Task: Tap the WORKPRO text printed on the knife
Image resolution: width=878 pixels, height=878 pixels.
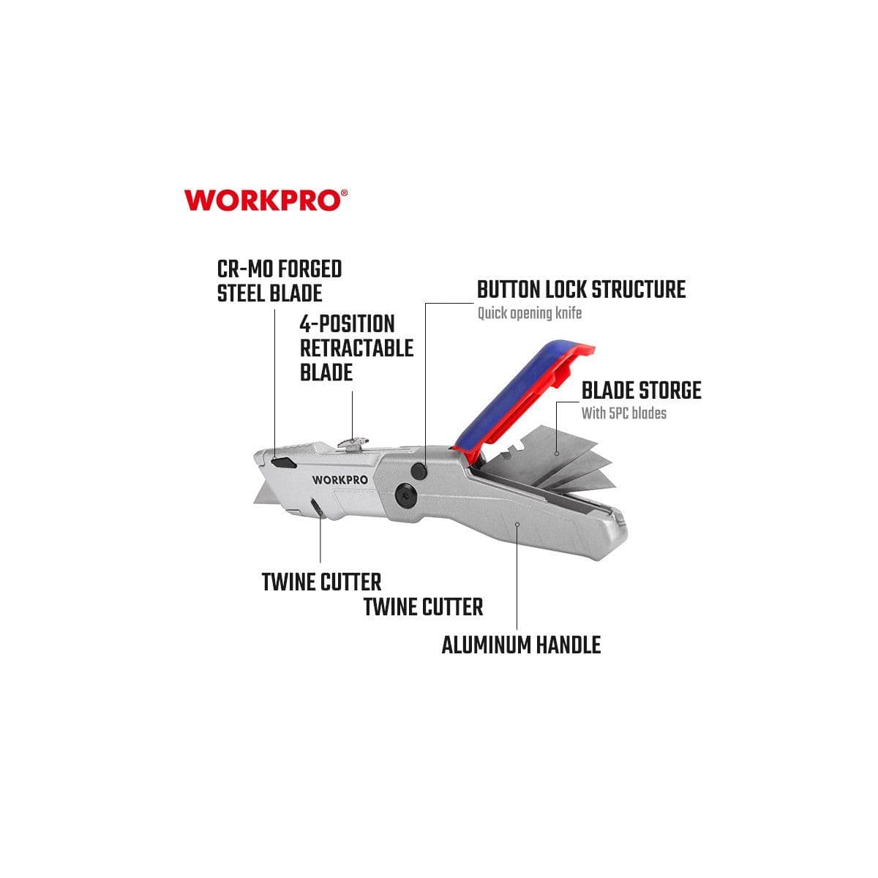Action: click(340, 480)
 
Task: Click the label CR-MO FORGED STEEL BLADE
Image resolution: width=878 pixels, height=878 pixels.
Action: click(279, 281)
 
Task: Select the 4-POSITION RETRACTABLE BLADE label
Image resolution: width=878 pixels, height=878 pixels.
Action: click(356, 348)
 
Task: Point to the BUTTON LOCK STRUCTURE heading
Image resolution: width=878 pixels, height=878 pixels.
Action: click(581, 289)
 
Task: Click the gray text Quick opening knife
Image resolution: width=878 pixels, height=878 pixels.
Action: click(530, 313)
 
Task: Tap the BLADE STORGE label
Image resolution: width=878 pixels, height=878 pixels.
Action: click(642, 391)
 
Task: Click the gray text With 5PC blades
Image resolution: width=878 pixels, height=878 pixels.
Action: click(624, 413)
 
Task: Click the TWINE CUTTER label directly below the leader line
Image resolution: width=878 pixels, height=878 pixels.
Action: click(321, 582)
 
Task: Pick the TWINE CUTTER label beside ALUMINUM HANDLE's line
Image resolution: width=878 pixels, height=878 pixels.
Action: click(423, 607)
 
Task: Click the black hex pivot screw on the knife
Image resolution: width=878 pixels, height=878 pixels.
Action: click(404, 494)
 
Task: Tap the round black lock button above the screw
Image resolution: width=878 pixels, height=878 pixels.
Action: click(419, 471)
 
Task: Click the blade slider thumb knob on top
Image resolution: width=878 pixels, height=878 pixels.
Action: click(353, 443)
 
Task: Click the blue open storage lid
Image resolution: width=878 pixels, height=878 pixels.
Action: click(520, 394)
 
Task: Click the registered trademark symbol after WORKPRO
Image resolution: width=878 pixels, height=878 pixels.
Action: click(345, 193)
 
